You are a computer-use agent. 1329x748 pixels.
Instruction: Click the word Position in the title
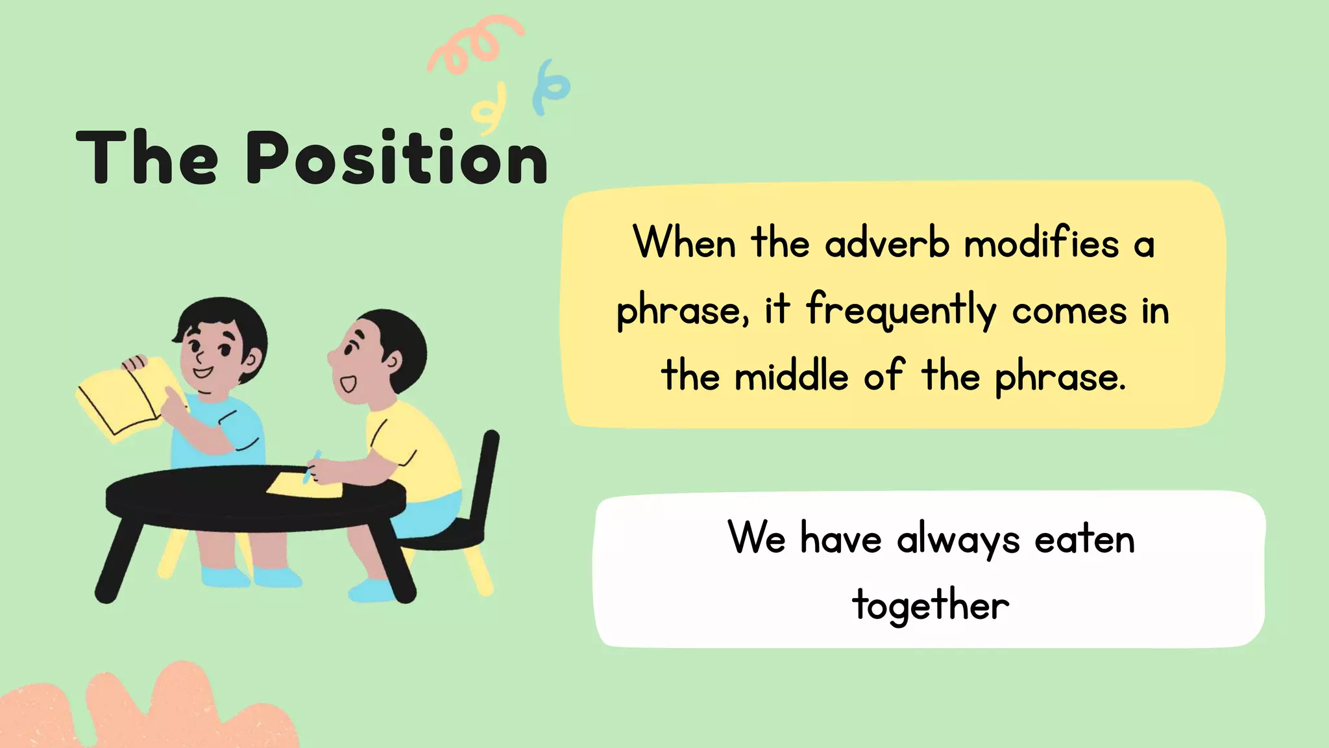point(396,158)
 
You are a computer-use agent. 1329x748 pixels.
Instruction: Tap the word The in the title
point(147,158)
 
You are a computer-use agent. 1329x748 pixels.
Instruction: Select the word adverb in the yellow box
point(887,245)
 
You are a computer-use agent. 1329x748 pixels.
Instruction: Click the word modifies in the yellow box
point(1042,243)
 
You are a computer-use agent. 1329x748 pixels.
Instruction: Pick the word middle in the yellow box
point(791,377)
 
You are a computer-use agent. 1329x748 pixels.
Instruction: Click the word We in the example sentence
point(757,538)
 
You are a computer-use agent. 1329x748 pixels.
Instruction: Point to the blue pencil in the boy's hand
point(311,466)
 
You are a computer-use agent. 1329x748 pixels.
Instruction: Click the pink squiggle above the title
point(474,42)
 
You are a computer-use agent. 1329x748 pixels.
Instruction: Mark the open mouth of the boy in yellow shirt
point(348,384)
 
